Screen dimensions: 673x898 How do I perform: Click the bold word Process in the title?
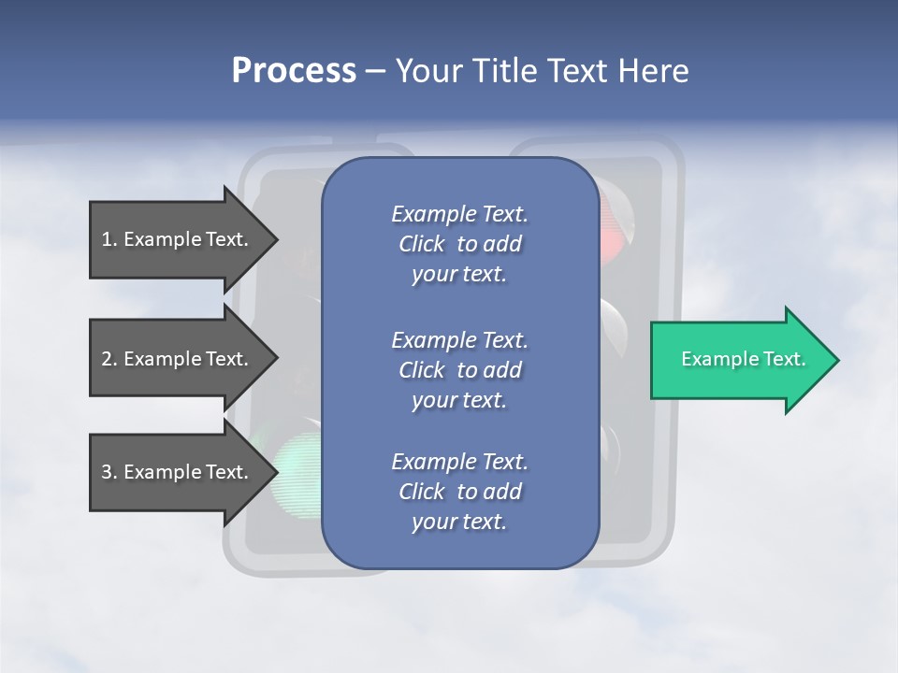(294, 70)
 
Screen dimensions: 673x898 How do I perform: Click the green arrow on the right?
(739, 360)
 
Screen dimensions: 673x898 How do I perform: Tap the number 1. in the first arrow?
(109, 239)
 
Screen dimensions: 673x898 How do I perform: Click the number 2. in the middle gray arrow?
(109, 359)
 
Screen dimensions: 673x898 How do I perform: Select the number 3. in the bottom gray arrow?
(109, 472)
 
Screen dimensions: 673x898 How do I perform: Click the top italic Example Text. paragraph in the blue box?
(459, 244)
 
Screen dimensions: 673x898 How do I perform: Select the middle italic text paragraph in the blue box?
(459, 370)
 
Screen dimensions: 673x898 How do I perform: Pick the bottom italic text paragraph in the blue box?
(459, 492)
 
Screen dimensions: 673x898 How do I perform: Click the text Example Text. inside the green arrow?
(743, 359)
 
